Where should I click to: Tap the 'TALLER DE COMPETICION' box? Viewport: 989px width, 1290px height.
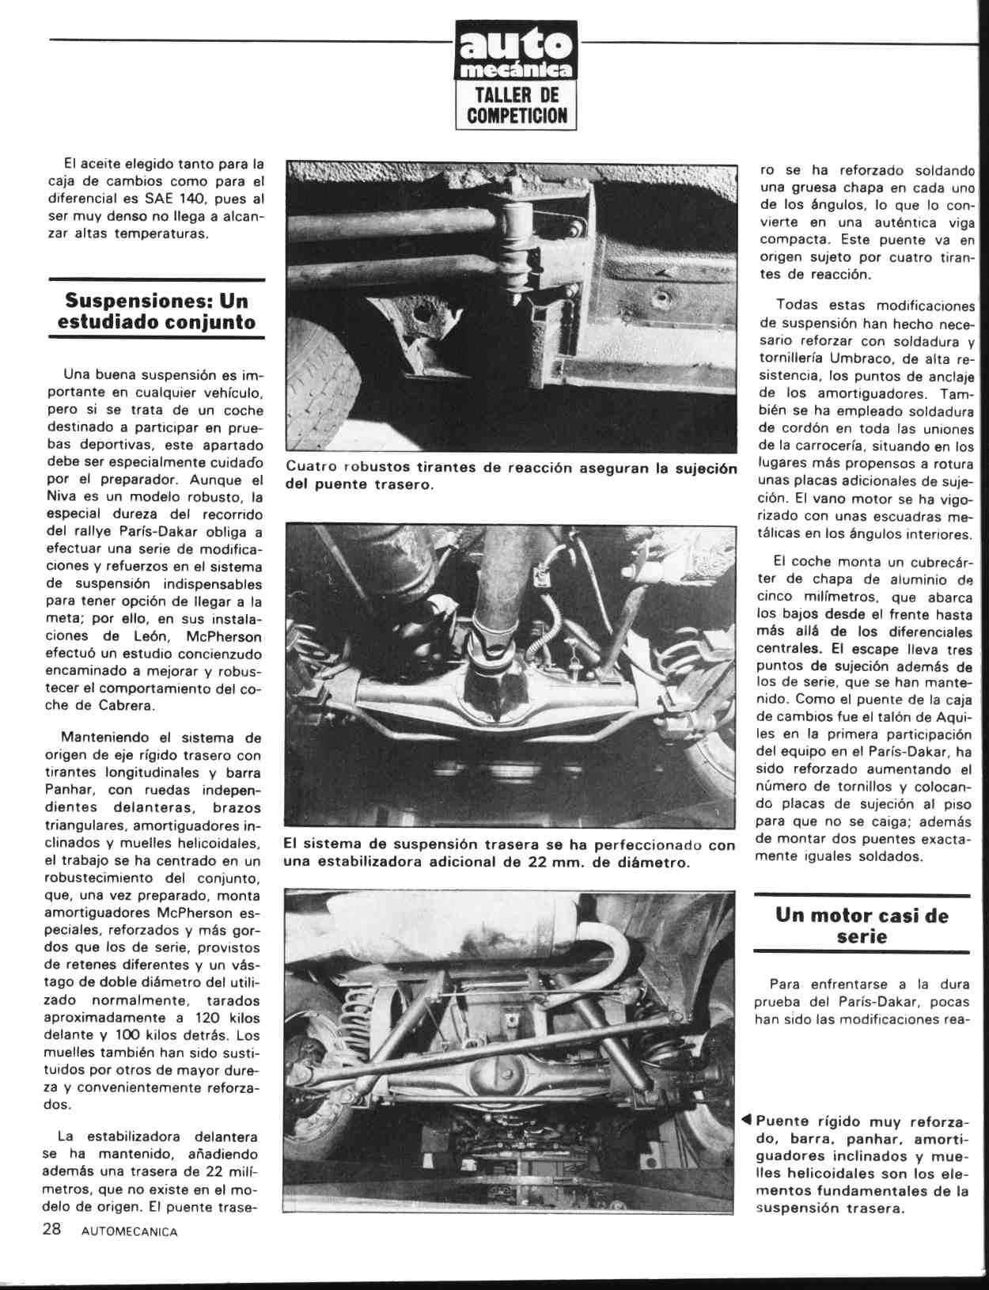[516, 105]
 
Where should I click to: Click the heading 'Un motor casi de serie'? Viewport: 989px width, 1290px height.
[862, 926]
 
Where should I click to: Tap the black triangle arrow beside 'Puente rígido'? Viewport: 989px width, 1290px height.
[746, 1120]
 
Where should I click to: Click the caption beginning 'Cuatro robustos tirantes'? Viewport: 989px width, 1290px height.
[511, 476]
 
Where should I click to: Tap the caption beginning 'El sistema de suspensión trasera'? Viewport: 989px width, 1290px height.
[509, 853]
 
